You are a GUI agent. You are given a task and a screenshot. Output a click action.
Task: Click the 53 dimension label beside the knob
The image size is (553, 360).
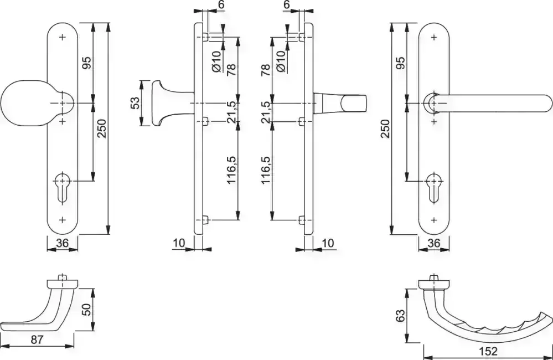tap(135, 102)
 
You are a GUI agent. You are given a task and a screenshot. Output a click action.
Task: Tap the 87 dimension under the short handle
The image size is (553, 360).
tap(37, 340)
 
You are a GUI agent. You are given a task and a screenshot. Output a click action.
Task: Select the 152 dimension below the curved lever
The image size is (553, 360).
tap(488, 351)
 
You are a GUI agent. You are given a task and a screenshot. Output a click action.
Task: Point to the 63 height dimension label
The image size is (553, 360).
tap(400, 315)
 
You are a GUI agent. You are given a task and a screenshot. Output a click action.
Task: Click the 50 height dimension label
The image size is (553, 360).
tap(86, 310)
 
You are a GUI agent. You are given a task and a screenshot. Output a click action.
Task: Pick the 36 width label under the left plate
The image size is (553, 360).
tap(62, 243)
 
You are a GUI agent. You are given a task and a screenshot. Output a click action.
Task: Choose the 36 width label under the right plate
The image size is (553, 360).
tap(434, 243)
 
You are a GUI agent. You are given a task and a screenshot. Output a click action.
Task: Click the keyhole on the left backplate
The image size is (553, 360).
tap(63, 188)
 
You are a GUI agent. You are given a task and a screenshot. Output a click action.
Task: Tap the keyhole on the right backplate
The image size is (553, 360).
tap(434, 188)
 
